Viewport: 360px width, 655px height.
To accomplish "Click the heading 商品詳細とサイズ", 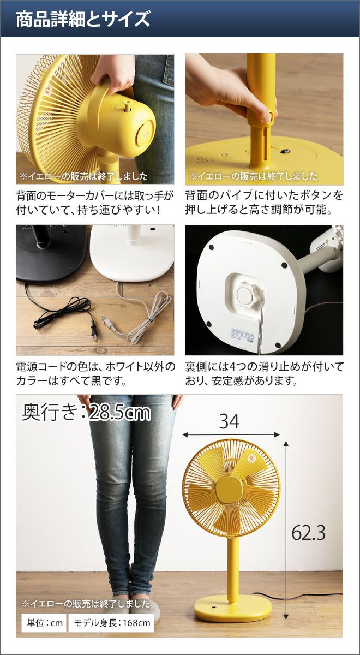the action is coord(83,19).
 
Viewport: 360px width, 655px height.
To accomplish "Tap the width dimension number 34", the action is coord(230,421).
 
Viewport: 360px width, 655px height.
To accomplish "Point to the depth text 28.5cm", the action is coord(120,413).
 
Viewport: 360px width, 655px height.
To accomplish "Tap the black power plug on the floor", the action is coord(94,330).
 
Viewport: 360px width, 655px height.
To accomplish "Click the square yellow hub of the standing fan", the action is coord(229,488).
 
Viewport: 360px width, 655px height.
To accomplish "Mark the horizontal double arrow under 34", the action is coord(231,435).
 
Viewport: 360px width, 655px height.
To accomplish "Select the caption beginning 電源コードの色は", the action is coord(95,373).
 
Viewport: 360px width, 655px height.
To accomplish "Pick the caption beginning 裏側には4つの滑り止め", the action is coord(264,373).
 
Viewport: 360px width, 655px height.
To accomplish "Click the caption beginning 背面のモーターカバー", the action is coord(95,203).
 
